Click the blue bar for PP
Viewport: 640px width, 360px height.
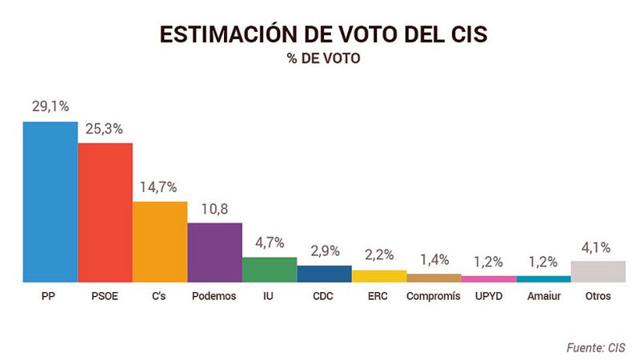pos(50,202)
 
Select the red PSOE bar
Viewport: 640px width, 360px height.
pos(105,212)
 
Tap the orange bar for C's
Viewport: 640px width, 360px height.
pos(159,242)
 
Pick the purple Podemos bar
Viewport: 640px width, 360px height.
pos(214,252)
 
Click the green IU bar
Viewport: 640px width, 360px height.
pos(270,270)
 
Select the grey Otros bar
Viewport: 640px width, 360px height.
pos(598,271)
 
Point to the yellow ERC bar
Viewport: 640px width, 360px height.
pos(379,276)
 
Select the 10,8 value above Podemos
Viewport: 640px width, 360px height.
pos(214,209)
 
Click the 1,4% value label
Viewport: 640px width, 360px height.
pos(434,260)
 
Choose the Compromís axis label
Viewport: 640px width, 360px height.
pos(434,296)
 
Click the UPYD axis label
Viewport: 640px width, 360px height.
pos(488,296)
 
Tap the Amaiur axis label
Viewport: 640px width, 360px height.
pos(543,296)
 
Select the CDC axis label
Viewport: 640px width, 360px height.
pos(324,296)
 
